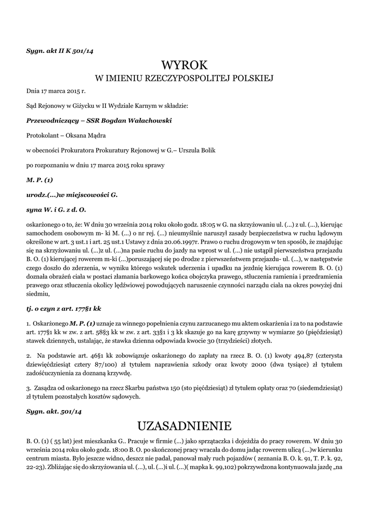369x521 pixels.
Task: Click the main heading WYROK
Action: tap(184, 65)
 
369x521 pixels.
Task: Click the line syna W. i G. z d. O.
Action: tap(56, 209)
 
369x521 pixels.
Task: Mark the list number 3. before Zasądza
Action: tap(30, 388)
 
